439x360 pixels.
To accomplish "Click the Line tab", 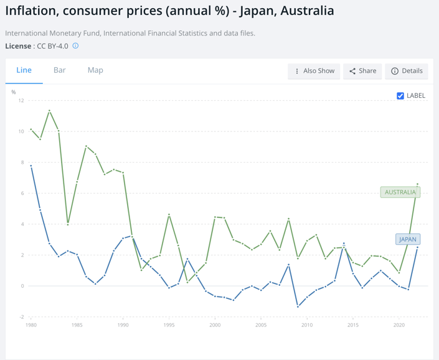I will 24,70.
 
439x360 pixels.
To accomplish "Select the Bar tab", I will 60,70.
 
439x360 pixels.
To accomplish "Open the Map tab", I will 95,70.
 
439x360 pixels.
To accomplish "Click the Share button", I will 362,71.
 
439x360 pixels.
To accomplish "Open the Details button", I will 407,71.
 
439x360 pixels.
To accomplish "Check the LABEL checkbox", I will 400,96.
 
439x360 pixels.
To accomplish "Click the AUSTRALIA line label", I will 400,192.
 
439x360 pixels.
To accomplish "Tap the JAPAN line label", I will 407,239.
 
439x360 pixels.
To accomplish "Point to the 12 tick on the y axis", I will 21,100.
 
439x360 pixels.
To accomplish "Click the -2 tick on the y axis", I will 21,317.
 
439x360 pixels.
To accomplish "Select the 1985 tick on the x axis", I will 77,325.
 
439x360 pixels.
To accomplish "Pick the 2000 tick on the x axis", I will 215,325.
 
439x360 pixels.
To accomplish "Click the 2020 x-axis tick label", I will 399,325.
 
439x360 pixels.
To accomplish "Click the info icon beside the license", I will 75,46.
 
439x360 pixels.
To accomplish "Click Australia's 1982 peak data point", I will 49,111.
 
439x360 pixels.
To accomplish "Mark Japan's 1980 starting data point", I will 31,166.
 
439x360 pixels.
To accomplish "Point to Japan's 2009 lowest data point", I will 298,306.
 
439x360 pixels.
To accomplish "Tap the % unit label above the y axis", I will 14,92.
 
